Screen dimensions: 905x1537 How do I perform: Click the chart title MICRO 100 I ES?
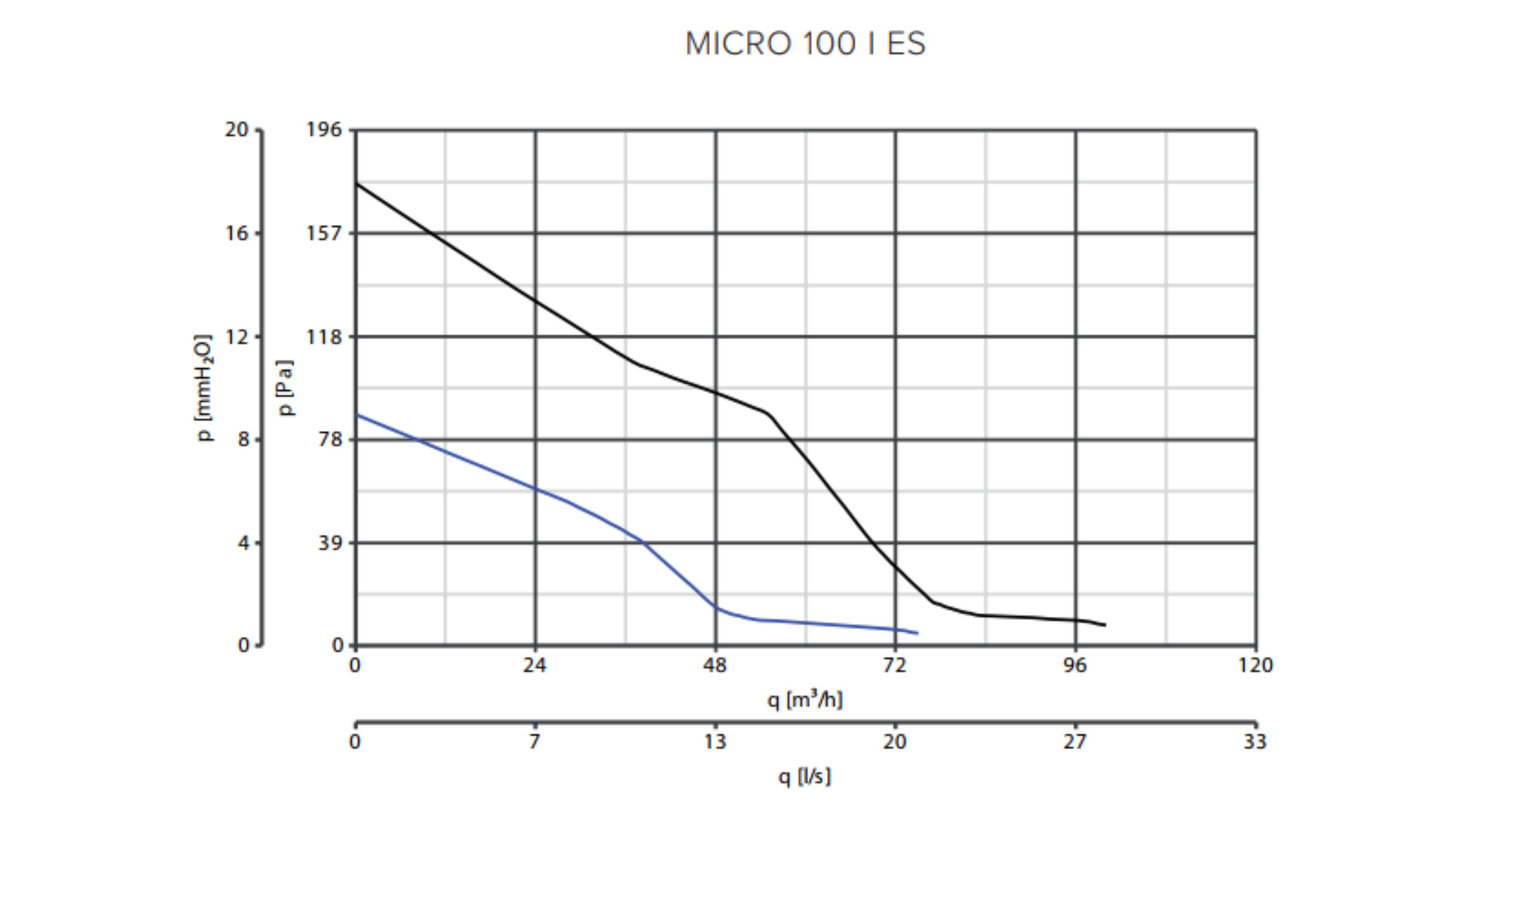pos(805,44)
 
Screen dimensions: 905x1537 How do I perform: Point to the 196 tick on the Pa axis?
pos(324,129)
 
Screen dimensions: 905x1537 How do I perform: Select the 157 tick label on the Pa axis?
pos(324,233)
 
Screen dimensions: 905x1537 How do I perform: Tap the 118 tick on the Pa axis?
pos(324,336)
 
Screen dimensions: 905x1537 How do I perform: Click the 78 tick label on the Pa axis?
pos(330,439)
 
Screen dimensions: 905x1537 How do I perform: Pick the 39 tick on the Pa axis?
pos(330,543)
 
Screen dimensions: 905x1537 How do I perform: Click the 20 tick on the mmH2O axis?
pos(237,129)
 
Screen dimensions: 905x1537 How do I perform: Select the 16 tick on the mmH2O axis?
pos(237,233)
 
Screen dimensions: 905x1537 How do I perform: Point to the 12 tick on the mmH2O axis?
pos(237,336)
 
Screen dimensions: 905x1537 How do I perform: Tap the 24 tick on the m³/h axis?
pos(535,665)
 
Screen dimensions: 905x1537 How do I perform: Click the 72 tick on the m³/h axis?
pos(895,665)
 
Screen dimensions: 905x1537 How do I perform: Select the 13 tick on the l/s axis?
pos(715,742)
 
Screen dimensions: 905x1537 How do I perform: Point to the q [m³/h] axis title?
pos(805,699)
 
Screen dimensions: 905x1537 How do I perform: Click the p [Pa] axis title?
pos(285,388)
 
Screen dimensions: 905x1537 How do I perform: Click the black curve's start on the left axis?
pos(356,183)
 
